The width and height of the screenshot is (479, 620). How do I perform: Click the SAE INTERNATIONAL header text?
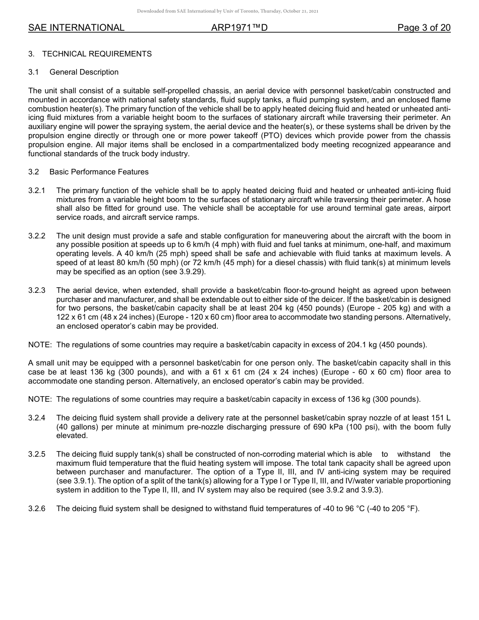[76, 28]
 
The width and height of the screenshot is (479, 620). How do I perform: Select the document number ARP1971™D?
[239, 28]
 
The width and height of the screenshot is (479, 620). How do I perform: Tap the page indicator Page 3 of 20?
[424, 28]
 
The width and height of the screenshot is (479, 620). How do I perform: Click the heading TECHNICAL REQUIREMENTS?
[97, 54]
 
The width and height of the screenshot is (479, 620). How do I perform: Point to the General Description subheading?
[84, 72]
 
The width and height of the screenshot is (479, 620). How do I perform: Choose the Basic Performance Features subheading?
[99, 172]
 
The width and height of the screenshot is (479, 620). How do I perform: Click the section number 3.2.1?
[37, 191]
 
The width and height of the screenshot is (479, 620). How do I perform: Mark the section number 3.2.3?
[37, 290]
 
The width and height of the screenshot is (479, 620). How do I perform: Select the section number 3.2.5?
[37, 454]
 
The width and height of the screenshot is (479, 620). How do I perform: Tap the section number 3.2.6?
[37, 509]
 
